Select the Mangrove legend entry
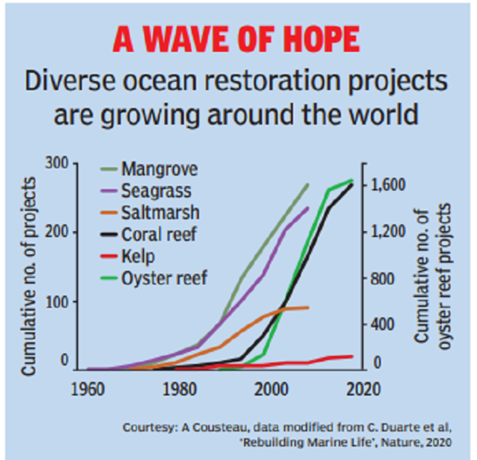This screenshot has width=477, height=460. (159, 168)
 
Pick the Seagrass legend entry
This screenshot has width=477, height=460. (157, 191)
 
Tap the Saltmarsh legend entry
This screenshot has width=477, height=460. (160, 212)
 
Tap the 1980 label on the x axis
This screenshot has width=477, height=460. (179, 390)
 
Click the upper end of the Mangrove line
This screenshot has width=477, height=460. (308, 185)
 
